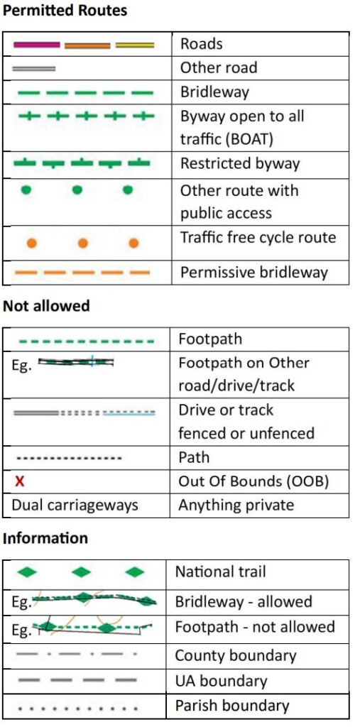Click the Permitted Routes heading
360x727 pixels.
[65, 10]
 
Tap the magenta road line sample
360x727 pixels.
[37, 45]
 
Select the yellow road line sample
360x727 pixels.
[134, 45]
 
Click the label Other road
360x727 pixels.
[219, 68]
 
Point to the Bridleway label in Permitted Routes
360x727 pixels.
[215, 92]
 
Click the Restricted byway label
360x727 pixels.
[240, 164]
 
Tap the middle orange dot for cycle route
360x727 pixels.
[83, 243]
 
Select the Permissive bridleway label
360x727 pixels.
[254, 272]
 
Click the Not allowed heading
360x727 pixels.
[46, 306]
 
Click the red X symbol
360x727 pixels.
[19, 482]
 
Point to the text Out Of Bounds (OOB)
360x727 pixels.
[253, 482]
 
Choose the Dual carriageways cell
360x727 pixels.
[75, 505]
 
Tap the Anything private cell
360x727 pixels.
[236, 505]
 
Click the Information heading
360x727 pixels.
[45, 539]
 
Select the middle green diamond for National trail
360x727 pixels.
[82, 572]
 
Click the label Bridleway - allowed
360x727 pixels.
[244, 602]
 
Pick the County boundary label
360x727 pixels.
[236, 655]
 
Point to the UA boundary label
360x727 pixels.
[222, 681]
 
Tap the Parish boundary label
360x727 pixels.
[232, 706]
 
